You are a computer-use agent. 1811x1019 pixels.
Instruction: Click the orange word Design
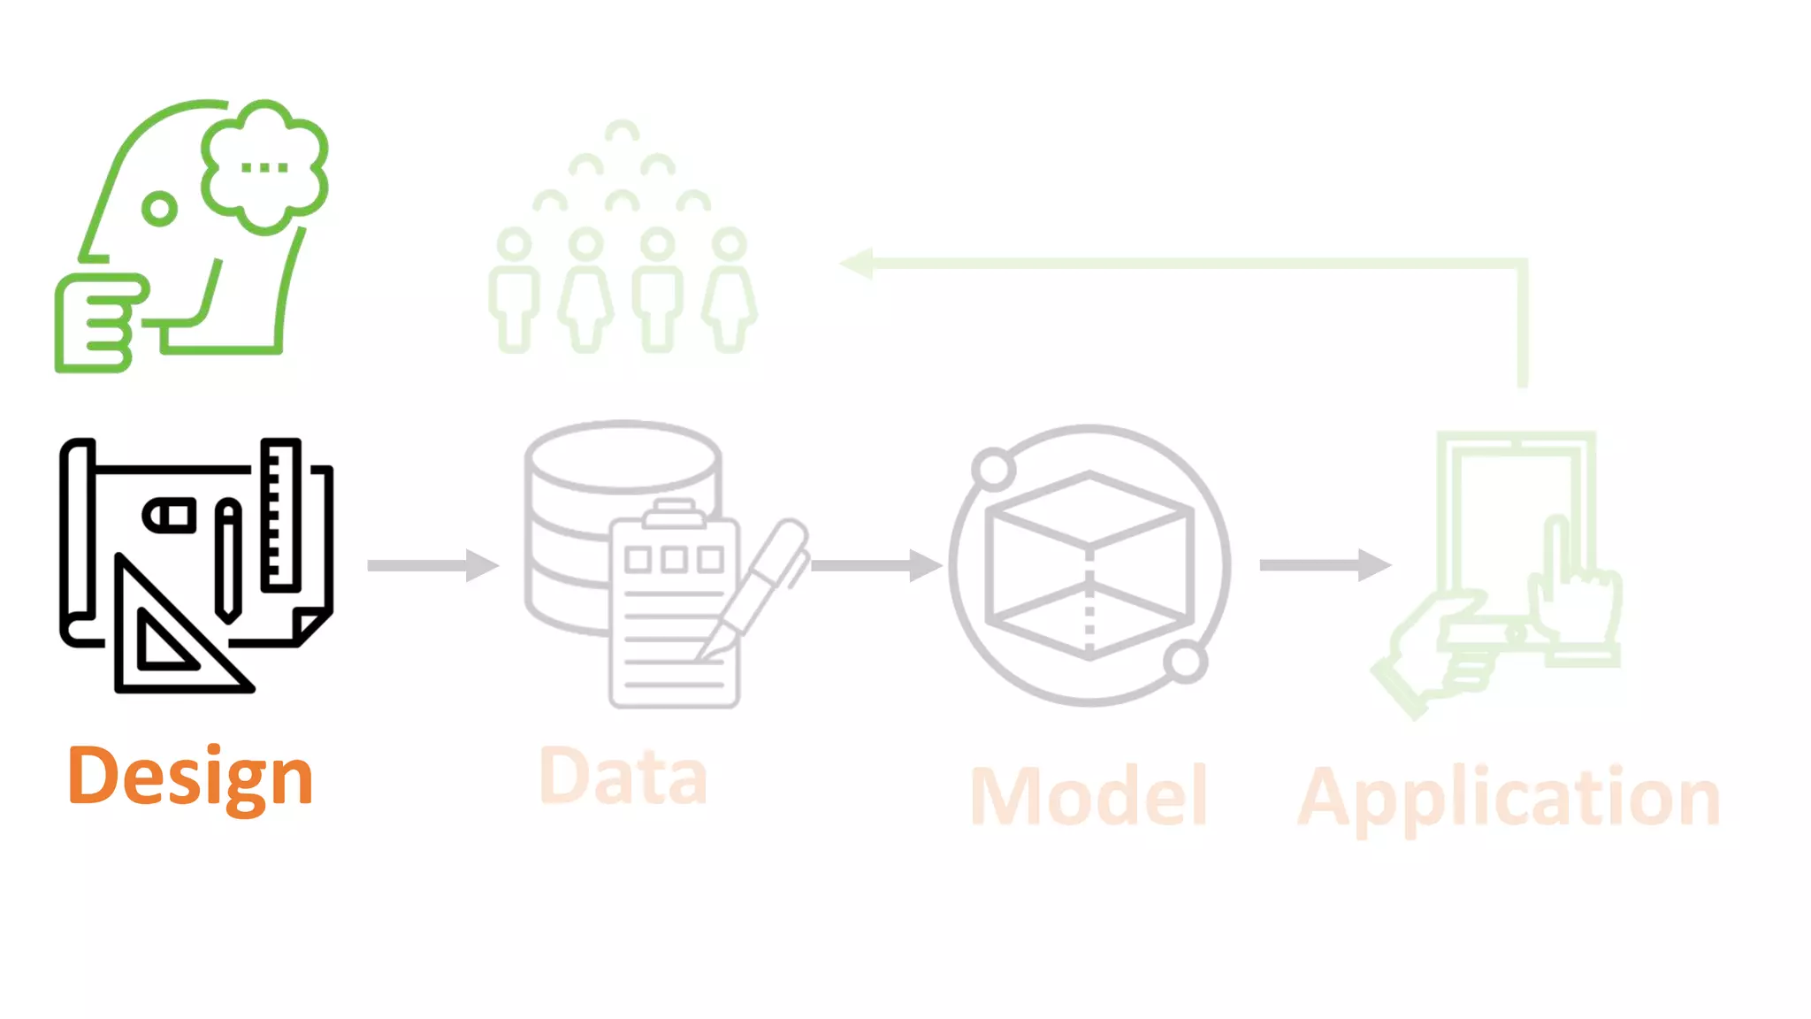coord(190,777)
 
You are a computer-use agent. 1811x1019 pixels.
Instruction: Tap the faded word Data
coord(623,777)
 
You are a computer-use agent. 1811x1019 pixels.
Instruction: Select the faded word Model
coord(1089,796)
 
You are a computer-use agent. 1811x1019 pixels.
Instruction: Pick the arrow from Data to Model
coord(875,565)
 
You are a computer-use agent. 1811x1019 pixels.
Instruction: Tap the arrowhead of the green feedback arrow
coord(856,263)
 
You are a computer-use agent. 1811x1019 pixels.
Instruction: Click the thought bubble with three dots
coord(264,166)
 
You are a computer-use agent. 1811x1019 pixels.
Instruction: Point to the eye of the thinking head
coord(159,209)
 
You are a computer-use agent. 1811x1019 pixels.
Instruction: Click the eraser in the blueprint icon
coord(170,516)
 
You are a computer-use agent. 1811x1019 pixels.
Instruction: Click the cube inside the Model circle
coord(1089,566)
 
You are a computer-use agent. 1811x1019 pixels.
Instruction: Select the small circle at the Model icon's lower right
coord(1185,662)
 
